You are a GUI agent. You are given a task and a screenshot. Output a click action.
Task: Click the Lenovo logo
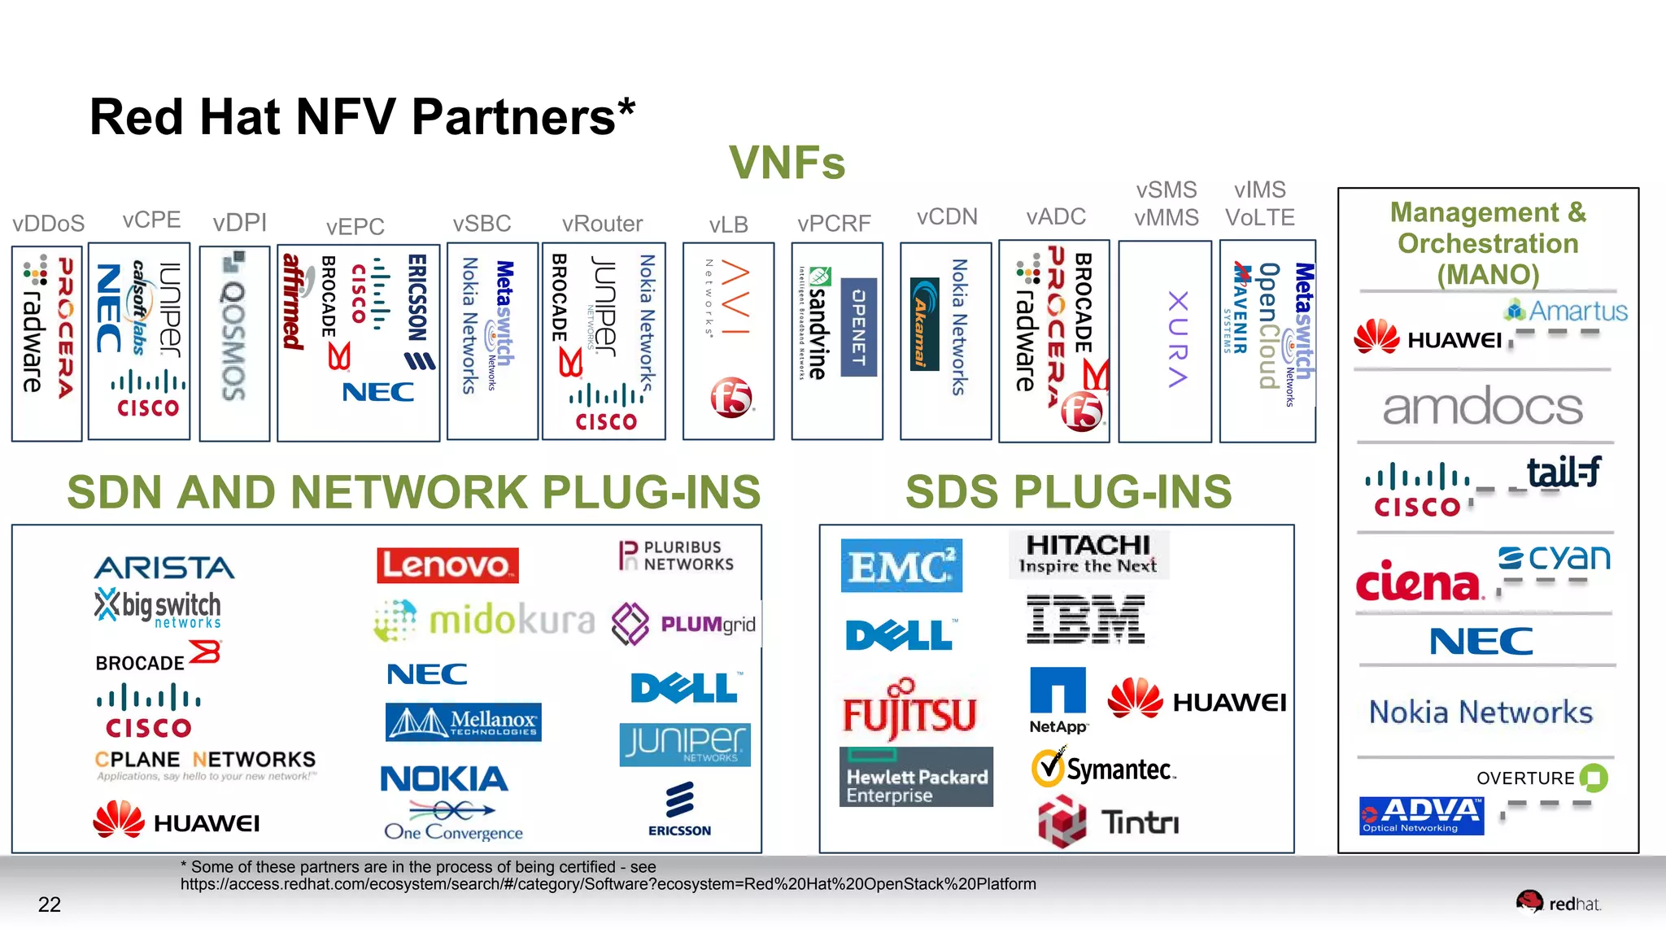pos(447,564)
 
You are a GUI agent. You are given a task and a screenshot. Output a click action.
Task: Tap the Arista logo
pos(164,567)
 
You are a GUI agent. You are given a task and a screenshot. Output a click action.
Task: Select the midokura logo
pos(485,621)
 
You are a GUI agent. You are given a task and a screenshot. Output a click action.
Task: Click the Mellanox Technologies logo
pos(464,721)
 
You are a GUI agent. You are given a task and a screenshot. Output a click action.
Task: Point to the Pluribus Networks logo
pos(677,556)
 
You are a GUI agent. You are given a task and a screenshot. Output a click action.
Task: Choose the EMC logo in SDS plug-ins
pos(901,565)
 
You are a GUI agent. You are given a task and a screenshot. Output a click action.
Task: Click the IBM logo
pos(1085,619)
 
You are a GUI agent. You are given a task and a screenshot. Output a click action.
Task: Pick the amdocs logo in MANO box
pos(1482,407)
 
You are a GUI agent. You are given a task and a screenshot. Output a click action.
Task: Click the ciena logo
pos(1417,582)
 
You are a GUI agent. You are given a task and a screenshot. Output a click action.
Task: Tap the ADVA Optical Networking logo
pos(1421,815)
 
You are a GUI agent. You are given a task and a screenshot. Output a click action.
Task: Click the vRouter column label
pos(602,224)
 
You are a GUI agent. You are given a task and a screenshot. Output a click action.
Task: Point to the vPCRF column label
pos(834,223)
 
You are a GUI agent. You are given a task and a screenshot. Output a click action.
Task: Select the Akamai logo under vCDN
pos(924,323)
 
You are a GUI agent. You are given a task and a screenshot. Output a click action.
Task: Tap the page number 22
pos(50,904)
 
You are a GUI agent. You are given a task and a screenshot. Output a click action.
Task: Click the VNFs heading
pos(787,162)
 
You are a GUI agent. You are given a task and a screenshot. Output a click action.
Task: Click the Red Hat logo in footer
pos(1558,903)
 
